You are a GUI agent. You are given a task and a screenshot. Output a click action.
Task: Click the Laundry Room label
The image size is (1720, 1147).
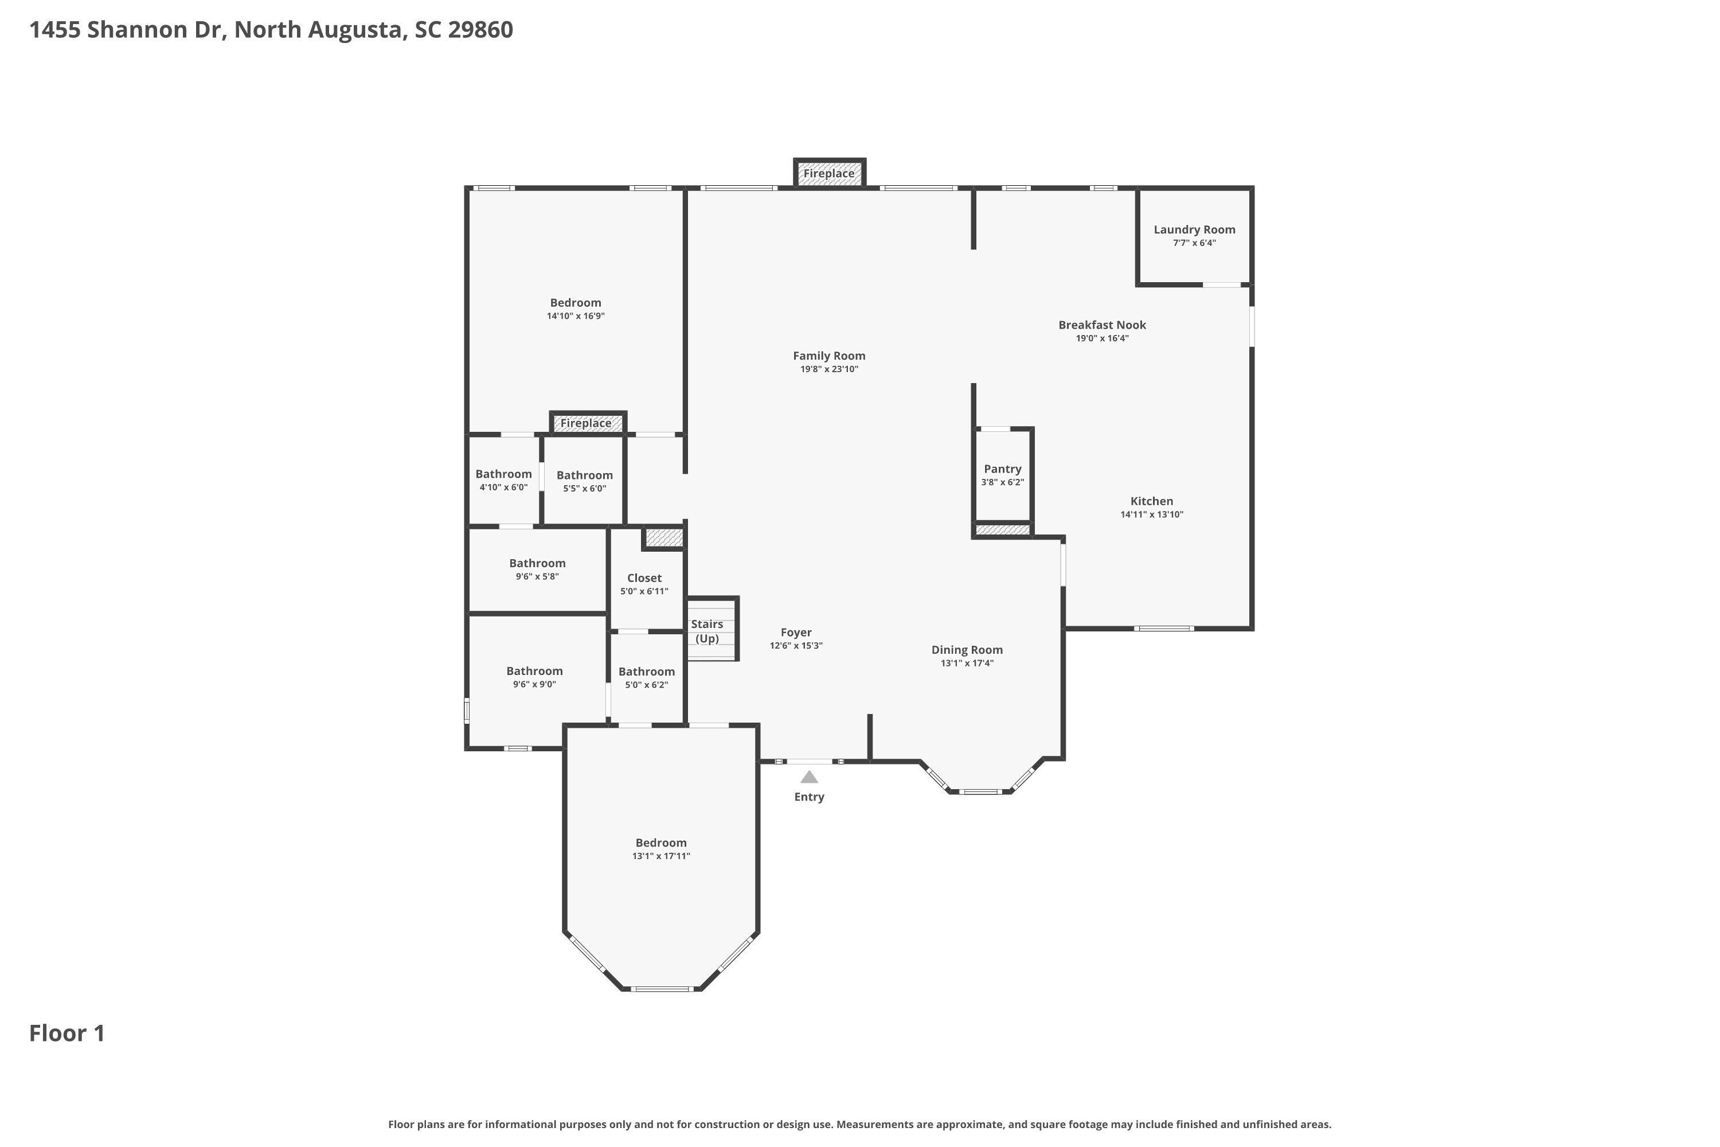1194,230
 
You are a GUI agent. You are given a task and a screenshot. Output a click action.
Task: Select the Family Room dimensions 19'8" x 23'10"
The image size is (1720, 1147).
829,369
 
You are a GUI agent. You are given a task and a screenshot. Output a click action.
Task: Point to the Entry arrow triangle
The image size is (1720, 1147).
809,777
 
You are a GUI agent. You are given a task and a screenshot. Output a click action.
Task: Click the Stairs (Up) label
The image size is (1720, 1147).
707,631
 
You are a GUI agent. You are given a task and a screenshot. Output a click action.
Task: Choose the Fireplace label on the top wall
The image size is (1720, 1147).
829,173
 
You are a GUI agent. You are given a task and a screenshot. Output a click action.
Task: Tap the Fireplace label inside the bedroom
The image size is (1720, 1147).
586,423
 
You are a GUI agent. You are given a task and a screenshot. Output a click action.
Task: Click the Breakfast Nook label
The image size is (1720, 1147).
1102,325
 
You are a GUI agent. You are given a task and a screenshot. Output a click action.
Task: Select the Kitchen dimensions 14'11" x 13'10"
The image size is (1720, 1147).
1152,514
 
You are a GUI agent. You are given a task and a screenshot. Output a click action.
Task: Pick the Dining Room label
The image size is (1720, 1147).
967,650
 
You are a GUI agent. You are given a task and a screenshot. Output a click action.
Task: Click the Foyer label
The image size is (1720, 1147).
796,633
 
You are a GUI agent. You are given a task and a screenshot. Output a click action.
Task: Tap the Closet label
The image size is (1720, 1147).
644,578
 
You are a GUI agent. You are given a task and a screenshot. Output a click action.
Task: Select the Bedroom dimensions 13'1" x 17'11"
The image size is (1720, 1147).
661,856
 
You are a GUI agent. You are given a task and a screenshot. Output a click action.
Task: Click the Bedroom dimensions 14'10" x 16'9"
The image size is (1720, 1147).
576,316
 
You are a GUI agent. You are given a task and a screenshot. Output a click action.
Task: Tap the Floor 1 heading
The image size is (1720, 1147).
67,1033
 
